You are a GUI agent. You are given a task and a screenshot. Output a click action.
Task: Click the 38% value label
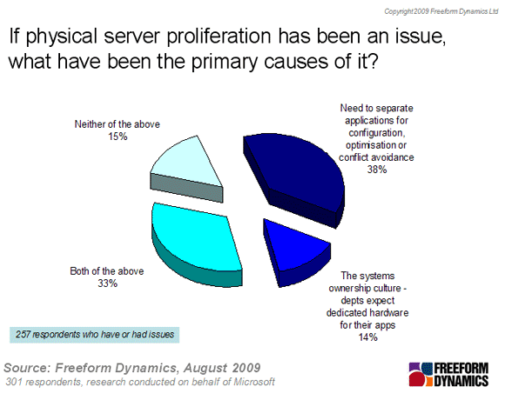[x=377, y=170]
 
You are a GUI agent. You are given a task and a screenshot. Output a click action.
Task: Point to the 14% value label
[x=368, y=337]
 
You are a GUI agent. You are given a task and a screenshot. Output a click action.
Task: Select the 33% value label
[x=108, y=283]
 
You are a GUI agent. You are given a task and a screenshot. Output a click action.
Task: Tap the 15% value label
[x=118, y=137]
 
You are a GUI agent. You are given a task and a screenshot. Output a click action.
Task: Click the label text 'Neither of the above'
[x=118, y=124]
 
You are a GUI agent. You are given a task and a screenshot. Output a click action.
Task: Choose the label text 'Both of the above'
[x=107, y=271]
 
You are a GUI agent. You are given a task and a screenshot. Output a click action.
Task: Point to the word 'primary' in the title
[x=226, y=62]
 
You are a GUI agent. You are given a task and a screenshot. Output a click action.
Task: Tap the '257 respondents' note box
[x=94, y=335]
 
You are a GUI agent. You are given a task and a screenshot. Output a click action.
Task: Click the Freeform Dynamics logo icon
[x=421, y=375]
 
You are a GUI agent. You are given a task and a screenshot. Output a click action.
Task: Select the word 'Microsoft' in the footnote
[x=254, y=382]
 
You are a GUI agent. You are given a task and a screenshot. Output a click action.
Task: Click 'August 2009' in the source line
[x=222, y=368]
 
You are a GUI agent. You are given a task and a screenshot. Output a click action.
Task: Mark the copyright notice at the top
[x=441, y=11]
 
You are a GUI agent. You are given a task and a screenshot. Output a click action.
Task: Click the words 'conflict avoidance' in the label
[x=376, y=157]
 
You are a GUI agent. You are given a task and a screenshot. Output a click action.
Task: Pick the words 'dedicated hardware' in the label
[x=367, y=312]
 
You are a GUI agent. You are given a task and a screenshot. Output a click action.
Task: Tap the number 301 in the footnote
[x=13, y=382]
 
